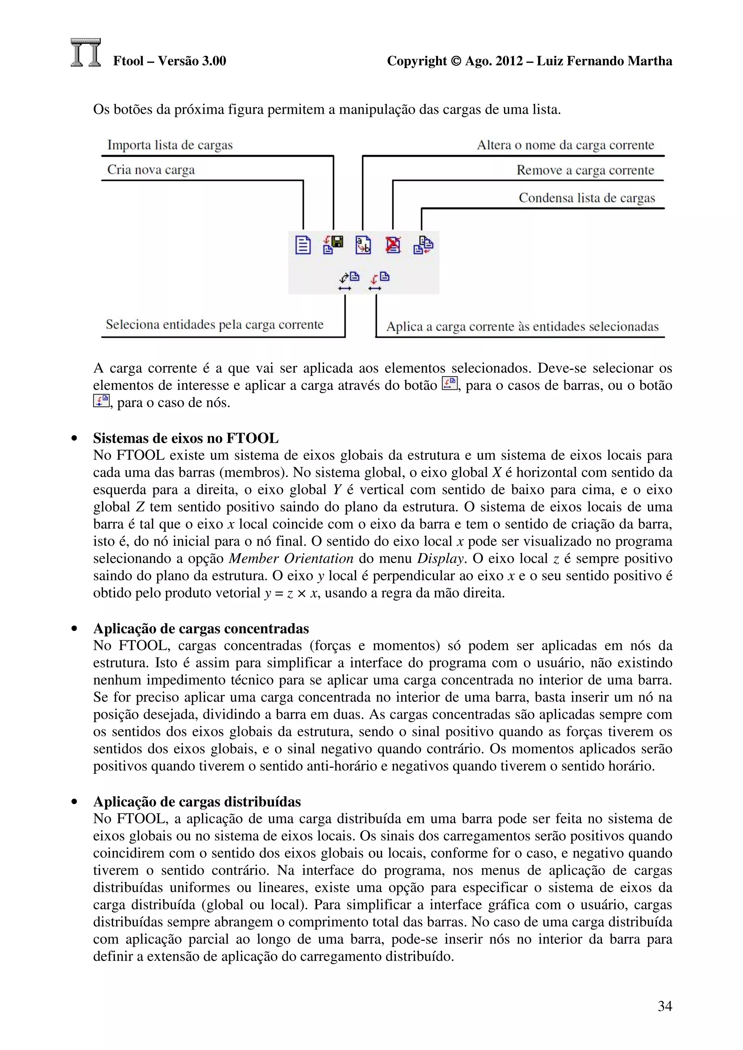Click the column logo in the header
tap(86, 53)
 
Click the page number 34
tap(664, 1006)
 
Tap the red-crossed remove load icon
tap(393, 245)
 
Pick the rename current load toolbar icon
tap(363, 245)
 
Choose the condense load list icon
tap(423, 245)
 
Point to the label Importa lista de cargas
tap(170, 145)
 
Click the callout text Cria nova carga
tap(151, 170)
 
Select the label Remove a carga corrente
tap(585, 171)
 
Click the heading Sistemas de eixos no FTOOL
tap(185, 438)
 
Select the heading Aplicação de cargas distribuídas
tap(197, 802)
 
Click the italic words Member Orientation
tap(291, 558)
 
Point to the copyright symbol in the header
tap(456, 61)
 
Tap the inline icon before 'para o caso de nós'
tap(101, 401)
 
